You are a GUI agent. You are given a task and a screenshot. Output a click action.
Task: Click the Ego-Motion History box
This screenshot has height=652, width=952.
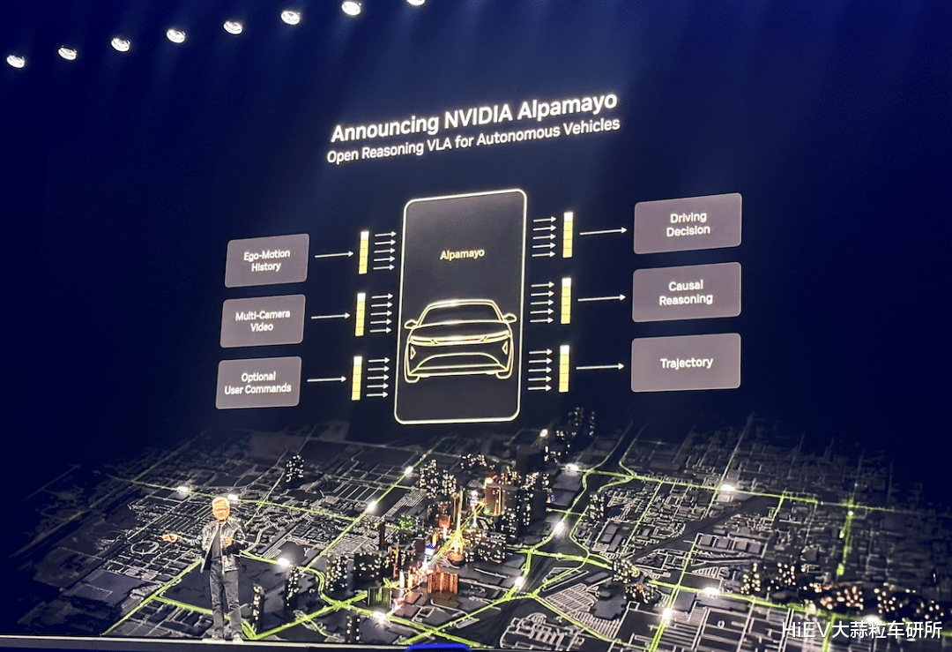(x=266, y=260)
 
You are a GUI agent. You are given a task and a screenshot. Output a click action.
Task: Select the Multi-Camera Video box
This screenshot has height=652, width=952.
(x=262, y=320)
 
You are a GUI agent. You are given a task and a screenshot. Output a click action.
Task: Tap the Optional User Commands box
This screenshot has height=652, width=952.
(x=257, y=382)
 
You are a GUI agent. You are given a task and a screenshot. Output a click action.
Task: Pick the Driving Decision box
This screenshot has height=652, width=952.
(x=688, y=223)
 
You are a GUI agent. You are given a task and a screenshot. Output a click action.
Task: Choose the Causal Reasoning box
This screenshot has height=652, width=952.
(x=686, y=292)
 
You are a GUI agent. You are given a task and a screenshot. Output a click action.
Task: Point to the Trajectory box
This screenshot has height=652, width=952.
(x=686, y=363)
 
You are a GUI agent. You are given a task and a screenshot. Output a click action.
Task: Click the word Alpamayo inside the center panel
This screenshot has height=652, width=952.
(x=462, y=254)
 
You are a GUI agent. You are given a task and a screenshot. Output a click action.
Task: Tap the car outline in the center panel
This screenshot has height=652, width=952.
(x=461, y=339)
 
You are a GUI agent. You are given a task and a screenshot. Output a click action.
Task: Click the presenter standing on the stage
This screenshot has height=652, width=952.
(x=223, y=565)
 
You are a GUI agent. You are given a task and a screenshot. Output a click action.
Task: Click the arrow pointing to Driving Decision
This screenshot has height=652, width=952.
(x=603, y=231)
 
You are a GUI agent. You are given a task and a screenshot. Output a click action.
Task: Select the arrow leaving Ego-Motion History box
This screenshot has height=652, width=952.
(x=334, y=254)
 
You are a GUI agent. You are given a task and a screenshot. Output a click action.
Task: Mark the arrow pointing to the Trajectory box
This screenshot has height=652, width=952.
(x=599, y=366)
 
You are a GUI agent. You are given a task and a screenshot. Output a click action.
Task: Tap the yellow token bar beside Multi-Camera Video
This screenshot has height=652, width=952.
(x=360, y=314)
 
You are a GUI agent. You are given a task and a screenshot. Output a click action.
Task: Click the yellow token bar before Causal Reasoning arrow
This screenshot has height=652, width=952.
(x=566, y=300)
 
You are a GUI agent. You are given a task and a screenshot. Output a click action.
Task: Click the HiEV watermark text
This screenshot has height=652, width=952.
(x=862, y=630)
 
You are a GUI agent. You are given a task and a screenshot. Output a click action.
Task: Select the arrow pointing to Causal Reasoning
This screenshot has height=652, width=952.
(x=601, y=298)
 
